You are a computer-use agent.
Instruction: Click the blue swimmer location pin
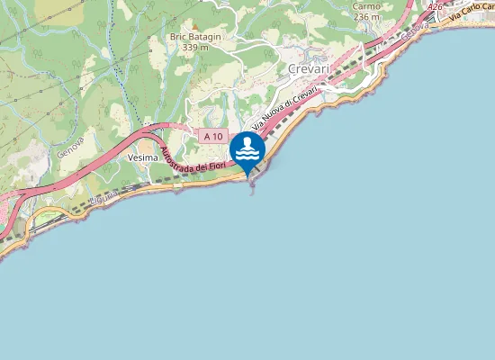click(x=247, y=149)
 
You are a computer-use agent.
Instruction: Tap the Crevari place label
click(x=310, y=69)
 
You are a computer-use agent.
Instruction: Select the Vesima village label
click(x=143, y=157)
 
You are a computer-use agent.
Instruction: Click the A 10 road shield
click(x=212, y=136)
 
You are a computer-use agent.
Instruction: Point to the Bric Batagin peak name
click(x=195, y=37)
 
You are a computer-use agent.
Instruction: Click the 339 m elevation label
click(x=195, y=48)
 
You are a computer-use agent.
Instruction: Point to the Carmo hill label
click(x=367, y=5)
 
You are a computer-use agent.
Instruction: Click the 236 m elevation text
click(x=366, y=16)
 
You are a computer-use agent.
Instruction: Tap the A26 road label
click(x=436, y=6)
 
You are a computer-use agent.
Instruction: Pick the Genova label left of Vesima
click(x=69, y=145)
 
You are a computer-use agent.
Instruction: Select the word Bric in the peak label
click(x=178, y=37)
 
